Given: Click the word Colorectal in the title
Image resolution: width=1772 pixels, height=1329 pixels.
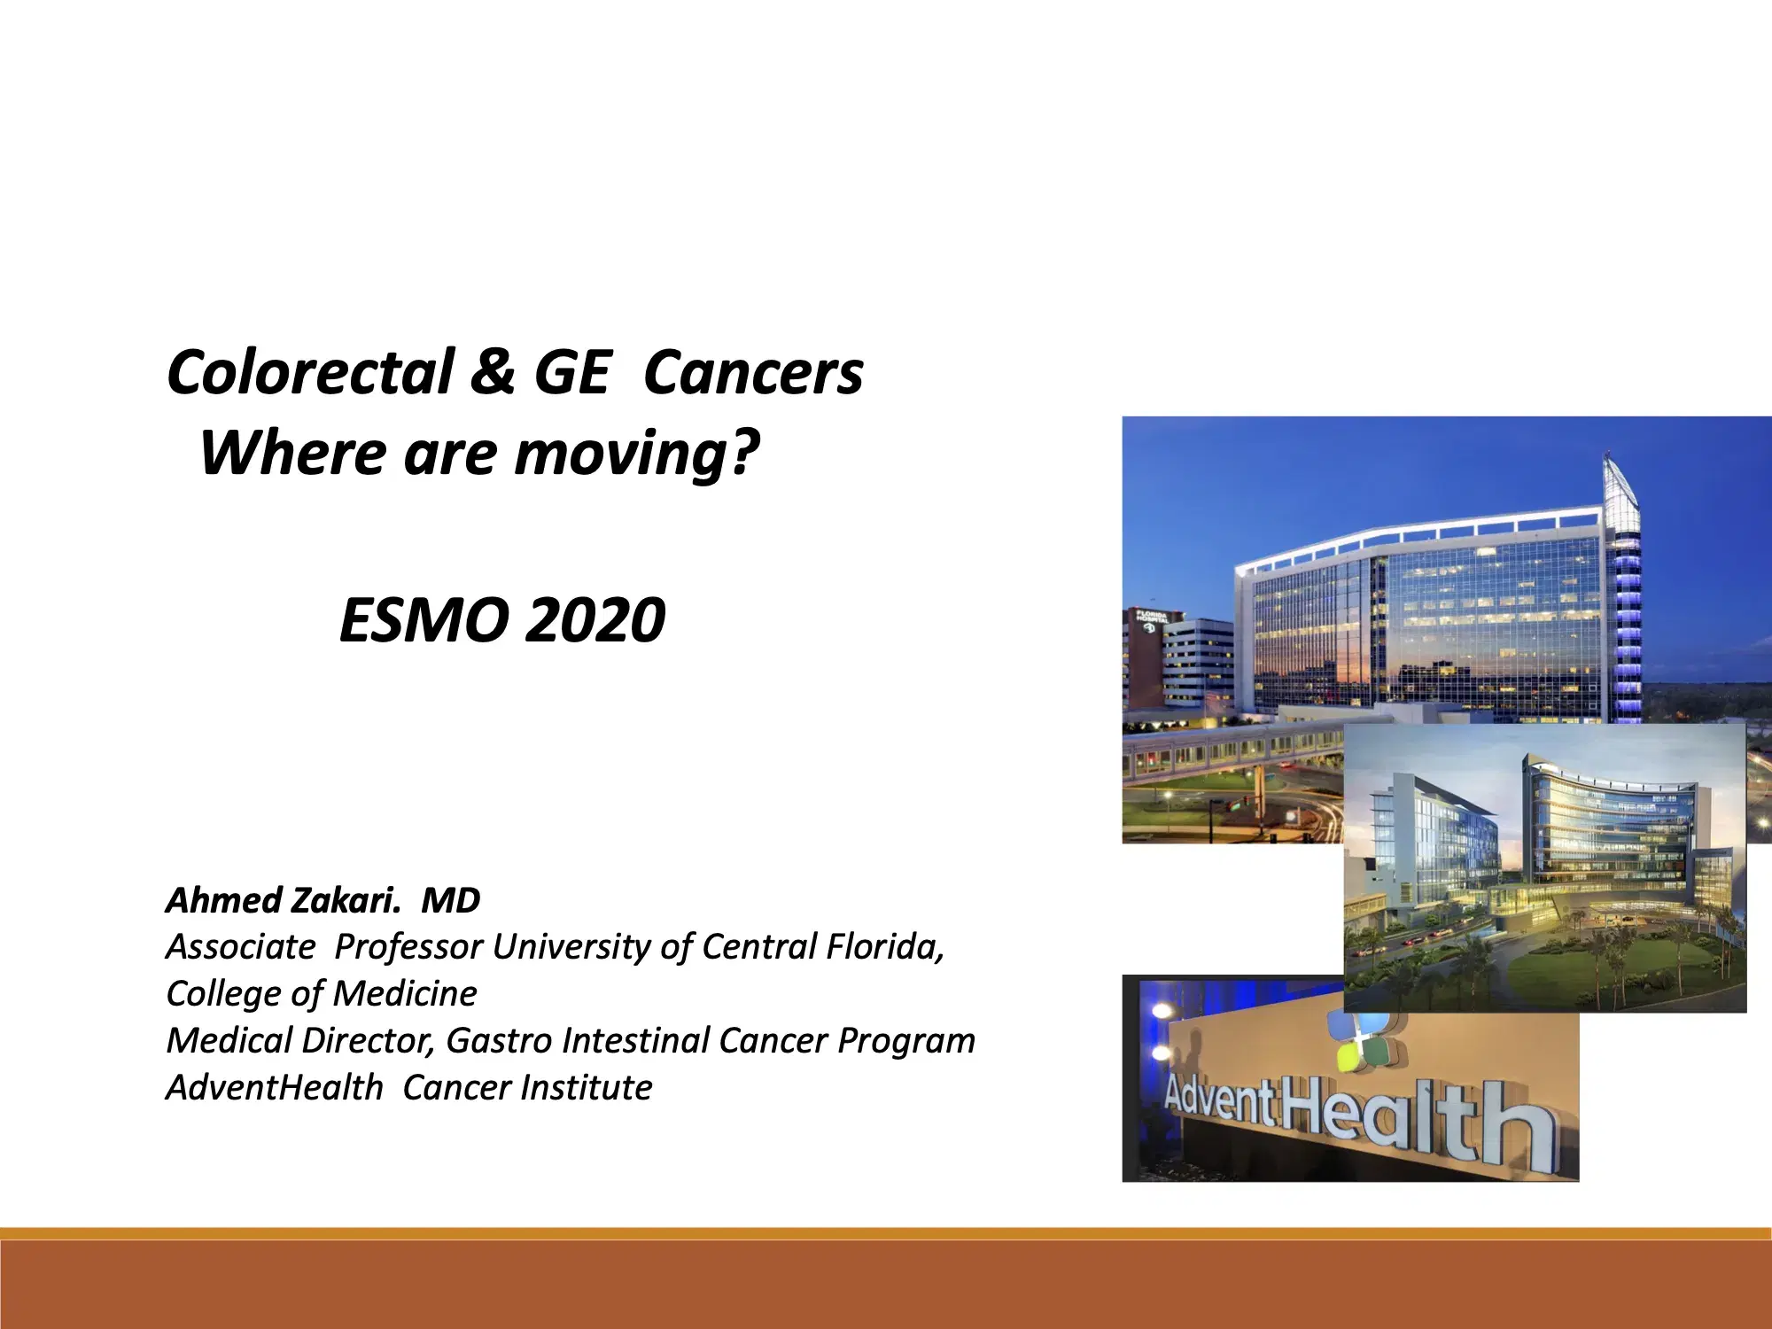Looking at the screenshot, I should (x=310, y=372).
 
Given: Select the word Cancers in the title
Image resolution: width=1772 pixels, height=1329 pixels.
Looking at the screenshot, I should (x=753, y=372).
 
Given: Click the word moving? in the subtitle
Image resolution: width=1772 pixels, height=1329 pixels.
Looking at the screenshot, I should (x=636, y=454).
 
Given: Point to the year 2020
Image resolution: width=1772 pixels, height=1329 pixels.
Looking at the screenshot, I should (x=595, y=620).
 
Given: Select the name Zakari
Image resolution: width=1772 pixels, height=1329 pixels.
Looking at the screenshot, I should (x=346, y=900).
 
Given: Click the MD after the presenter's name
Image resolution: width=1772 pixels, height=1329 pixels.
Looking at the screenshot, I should (x=450, y=900).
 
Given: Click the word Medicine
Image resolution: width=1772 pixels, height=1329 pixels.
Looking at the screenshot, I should (x=405, y=994).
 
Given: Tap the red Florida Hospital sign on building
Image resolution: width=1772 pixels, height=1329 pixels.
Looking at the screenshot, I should (x=1153, y=619).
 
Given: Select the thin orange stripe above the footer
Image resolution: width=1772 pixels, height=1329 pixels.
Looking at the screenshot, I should (x=886, y=1232).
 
